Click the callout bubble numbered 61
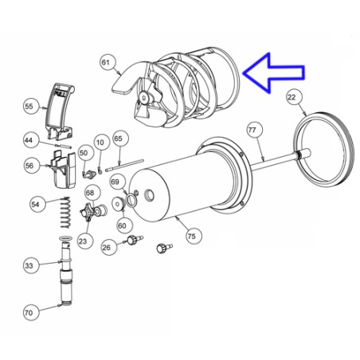coord(105,62)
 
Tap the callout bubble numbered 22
coord(292,97)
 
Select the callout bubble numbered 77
coord(252,130)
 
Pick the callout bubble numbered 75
coord(191,236)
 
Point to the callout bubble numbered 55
coord(29,107)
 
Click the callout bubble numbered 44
coord(29,140)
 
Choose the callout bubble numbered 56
coord(29,166)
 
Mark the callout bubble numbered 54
coord(35,204)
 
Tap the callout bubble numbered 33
coord(29,265)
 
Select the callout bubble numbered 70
coord(29,312)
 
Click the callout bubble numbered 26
coord(106,248)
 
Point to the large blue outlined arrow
coord(273,72)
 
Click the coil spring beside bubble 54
coord(65,212)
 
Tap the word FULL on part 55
coord(60,94)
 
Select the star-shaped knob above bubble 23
coord(88,213)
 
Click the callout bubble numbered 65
coord(118,139)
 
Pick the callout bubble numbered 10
coord(100,143)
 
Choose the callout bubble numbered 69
coord(115,182)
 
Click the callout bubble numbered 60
coord(122,225)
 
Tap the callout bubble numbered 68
coord(90,193)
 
